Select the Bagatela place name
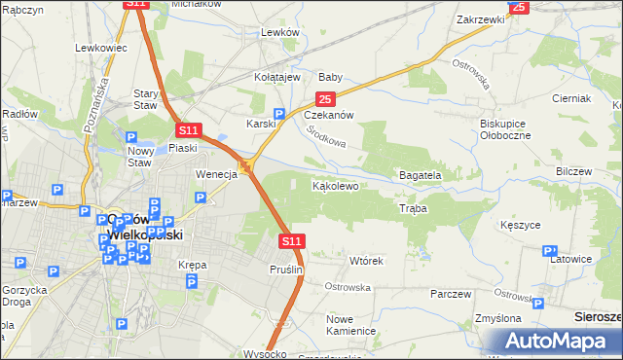[x=420, y=175]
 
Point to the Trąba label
[x=413, y=208]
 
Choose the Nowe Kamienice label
[x=350, y=325]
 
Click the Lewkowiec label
[x=101, y=47]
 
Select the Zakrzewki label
[x=479, y=18]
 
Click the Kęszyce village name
[x=519, y=225]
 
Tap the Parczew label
[x=450, y=294]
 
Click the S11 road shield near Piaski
[x=188, y=130]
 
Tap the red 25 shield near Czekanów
[x=324, y=99]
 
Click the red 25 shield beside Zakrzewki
[x=518, y=7]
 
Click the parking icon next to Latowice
[x=552, y=250]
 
